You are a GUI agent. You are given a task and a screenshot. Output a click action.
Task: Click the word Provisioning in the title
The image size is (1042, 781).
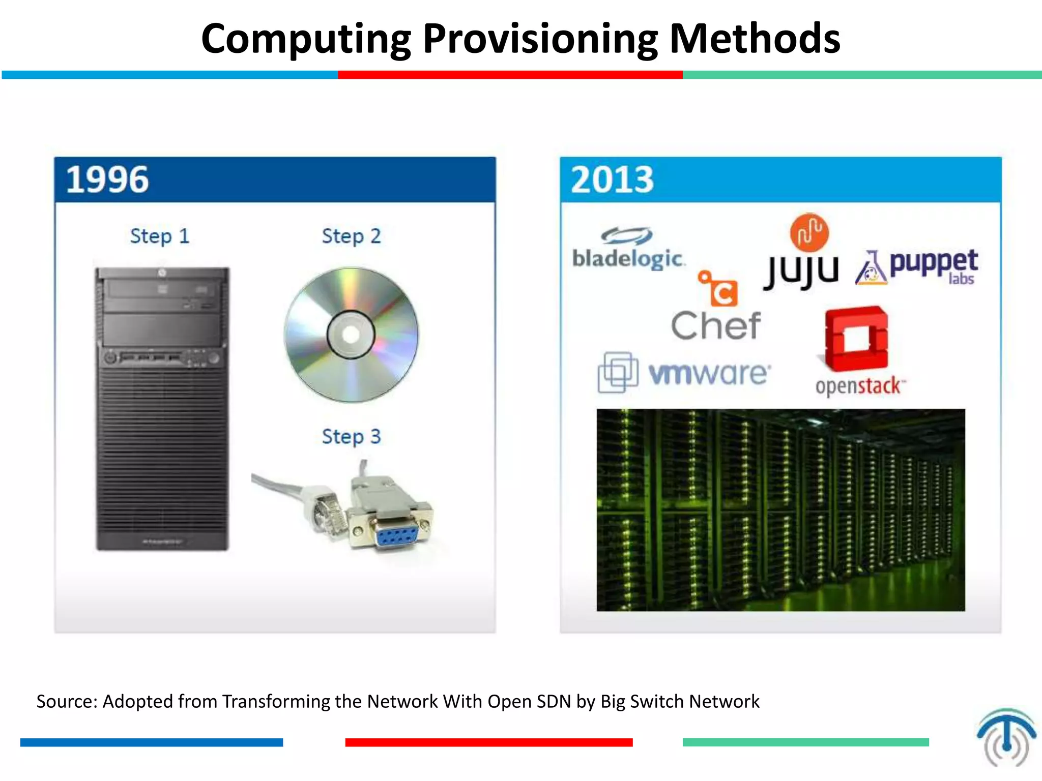(540, 39)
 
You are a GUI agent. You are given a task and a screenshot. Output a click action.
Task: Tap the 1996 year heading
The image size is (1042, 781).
(107, 179)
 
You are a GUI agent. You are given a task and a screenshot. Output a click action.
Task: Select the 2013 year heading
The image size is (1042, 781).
(612, 179)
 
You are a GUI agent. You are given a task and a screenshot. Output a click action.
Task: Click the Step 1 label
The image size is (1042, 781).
(160, 236)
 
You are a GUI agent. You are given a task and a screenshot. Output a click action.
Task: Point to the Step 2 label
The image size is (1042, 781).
(351, 236)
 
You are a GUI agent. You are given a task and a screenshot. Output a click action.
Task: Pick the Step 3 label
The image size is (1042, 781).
(351, 437)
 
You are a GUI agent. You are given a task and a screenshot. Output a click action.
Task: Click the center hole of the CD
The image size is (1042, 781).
(351, 335)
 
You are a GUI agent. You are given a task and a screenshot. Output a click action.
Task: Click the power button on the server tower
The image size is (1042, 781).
(110, 358)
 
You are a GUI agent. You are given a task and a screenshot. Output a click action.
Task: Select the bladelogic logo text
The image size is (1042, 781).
(628, 258)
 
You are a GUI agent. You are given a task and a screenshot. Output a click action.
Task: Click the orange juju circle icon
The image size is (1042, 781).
(809, 232)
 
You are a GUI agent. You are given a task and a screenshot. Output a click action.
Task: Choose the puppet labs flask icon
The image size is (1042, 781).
(871, 268)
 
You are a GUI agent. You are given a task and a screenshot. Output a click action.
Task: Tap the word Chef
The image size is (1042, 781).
(716, 326)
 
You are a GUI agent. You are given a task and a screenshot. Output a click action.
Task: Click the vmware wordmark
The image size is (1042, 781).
(709, 374)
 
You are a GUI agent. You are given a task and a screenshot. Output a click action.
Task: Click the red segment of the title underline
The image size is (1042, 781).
(510, 75)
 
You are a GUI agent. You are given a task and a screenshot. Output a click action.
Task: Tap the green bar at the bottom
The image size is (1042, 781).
(805, 742)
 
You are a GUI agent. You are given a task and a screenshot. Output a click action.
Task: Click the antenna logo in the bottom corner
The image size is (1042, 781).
(1006, 737)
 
